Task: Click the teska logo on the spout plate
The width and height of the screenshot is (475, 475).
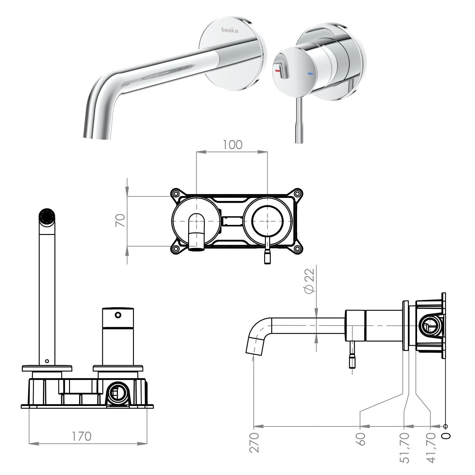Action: [230, 30]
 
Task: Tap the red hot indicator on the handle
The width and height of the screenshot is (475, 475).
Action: [278, 71]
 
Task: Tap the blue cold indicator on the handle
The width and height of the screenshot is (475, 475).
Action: [310, 74]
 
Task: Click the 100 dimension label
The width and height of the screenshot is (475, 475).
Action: [232, 145]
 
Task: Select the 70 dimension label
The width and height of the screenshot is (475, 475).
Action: [121, 220]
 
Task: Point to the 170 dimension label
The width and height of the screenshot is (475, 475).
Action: [81, 436]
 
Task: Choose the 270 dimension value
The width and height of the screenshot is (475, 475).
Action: [255, 442]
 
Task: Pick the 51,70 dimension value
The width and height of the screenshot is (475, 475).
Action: [404, 448]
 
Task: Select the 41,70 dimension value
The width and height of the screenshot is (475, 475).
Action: [431, 448]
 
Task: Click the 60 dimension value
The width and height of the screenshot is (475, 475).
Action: [361, 439]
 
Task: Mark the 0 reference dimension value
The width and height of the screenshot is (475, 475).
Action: [446, 436]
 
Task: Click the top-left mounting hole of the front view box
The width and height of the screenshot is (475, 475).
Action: [175, 193]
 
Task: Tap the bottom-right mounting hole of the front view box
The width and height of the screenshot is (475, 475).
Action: [297, 249]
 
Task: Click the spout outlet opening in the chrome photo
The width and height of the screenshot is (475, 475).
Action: [98, 137]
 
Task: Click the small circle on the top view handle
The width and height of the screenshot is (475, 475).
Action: [118, 315]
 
